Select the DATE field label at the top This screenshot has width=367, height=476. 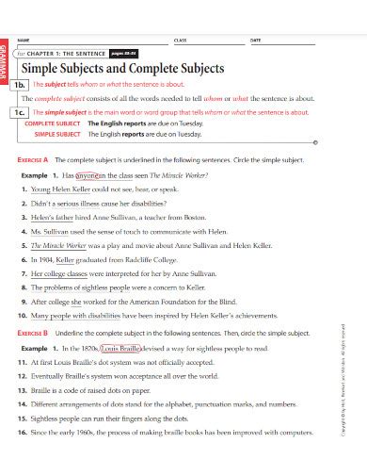click(255, 40)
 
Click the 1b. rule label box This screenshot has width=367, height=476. click(22, 84)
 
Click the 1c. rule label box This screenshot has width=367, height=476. click(22, 111)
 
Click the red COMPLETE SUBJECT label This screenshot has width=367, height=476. click(53, 123)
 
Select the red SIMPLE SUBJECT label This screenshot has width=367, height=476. click(57, 135)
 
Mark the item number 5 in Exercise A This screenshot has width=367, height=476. click(24, 242)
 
